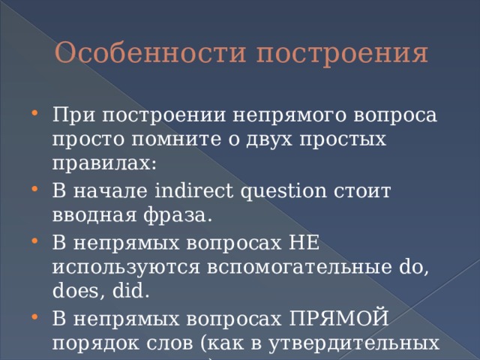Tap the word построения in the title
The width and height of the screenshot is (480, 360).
[343, 54]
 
